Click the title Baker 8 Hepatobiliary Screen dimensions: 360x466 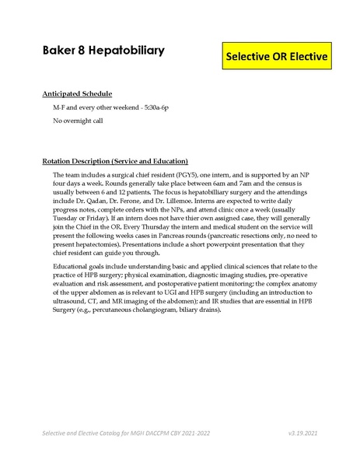103,51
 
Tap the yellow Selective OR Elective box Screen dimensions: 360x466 277,57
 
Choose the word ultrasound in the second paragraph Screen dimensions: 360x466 74,301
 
